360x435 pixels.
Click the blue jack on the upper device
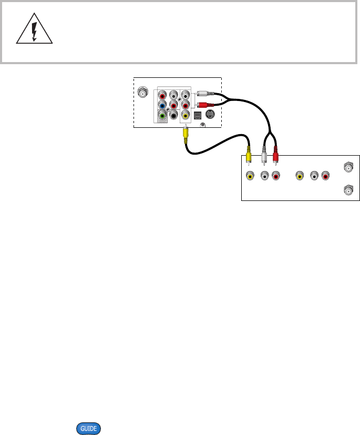(162, 106)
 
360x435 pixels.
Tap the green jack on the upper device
(162, 116)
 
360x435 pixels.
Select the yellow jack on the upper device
(185, 116)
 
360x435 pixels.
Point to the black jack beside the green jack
(173, 116)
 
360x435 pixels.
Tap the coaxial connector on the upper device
(142, 93)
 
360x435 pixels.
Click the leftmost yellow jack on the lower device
(250, 177)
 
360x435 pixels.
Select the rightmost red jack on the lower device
(326, 177)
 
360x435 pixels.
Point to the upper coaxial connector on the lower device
(347, 167)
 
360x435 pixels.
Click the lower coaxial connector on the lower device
(347, 189)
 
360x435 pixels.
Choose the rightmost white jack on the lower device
(314, 177)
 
